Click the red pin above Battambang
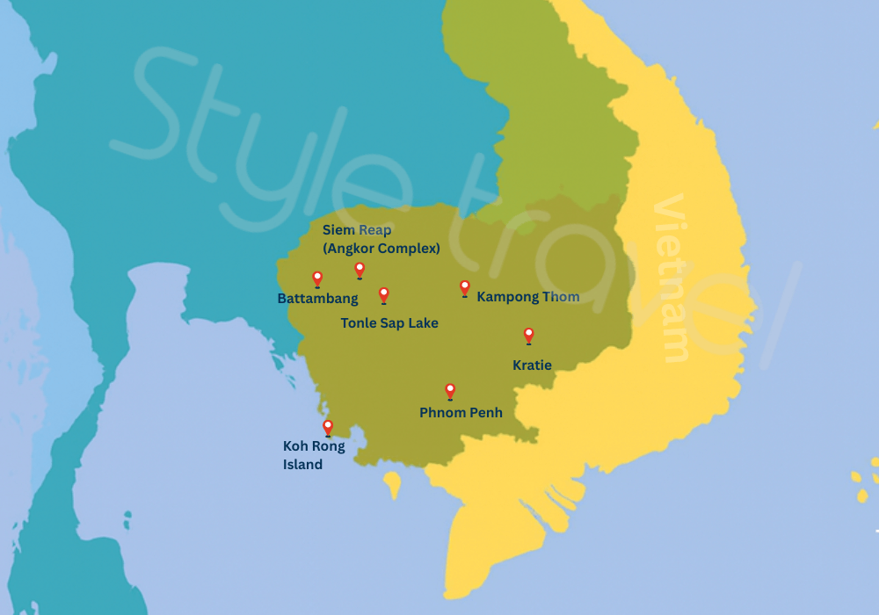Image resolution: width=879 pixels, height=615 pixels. [317, 279]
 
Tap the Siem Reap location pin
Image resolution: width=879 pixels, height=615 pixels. [360, 269]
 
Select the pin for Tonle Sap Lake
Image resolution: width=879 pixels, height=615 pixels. [383, 294]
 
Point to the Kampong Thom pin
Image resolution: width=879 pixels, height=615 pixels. [465, 287]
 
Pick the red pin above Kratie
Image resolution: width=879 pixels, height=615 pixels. [528, 335]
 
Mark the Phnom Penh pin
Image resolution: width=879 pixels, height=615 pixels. [450, 390]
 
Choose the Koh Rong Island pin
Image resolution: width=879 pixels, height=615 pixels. [328, 427]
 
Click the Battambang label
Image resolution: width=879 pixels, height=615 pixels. [317, 299]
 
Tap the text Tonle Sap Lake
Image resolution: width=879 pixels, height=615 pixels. [389, 323]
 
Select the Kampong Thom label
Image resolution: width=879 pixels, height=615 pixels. [527, 297]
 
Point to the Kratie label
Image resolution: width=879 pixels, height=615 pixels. [532, 365]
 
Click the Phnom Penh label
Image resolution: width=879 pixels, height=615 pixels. [461, 412]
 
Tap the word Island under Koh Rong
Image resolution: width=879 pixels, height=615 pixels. [302, 465]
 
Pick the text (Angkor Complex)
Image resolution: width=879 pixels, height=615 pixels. [381, 249]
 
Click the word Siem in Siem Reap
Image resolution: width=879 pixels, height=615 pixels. [338, 230]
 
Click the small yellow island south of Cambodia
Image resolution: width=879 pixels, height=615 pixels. [392, 482]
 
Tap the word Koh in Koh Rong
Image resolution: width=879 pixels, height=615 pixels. [295, 446]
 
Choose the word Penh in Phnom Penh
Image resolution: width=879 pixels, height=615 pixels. [486, 412]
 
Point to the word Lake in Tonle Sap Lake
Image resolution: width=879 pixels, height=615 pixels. [422, 323]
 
